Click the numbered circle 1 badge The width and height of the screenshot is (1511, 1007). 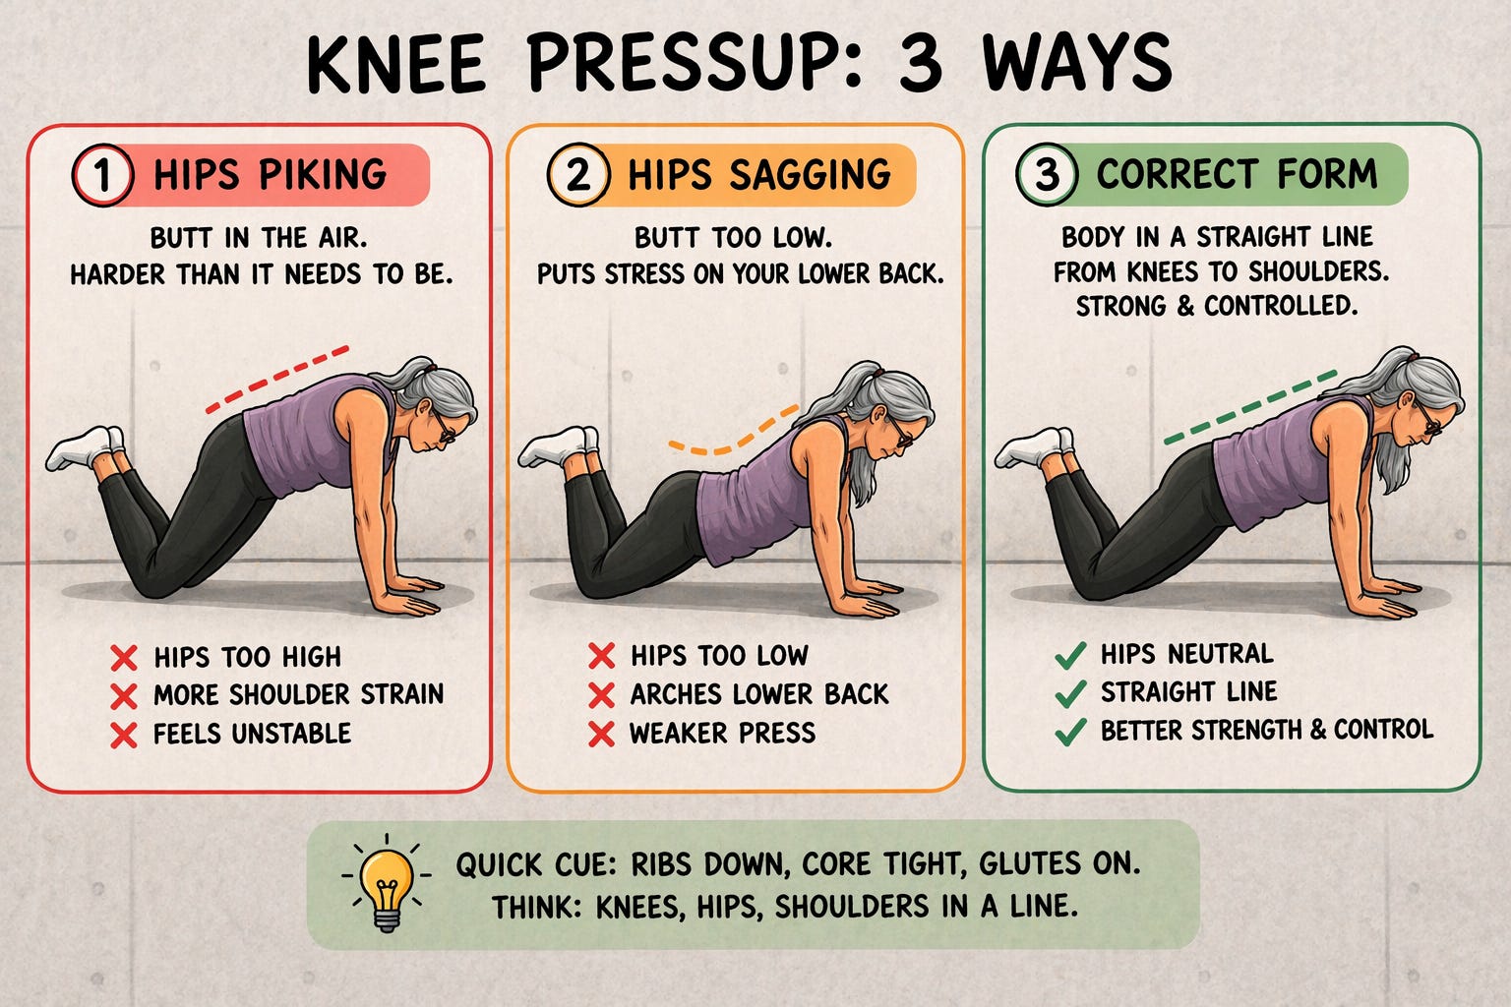coord(102,175)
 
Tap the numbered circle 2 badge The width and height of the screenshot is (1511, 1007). coord(578,174)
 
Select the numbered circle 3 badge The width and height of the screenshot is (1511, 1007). coord(1047,174)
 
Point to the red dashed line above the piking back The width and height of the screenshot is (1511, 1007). coord(277,380)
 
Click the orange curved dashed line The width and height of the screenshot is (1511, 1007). coord(734,432)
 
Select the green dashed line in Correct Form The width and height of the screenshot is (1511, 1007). coord(1250,407)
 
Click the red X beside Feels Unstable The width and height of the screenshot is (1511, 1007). coord(124,735)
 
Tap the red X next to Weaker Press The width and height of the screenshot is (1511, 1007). coord(601,734)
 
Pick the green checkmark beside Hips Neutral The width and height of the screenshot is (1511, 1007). coord(1070,655)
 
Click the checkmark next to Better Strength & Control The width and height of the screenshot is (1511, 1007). coord(1070,732)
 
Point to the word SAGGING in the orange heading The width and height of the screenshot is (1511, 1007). coord(811,174)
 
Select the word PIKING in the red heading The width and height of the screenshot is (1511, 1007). coord(323,174)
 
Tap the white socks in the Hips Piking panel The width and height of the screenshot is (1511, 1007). coord(86,446)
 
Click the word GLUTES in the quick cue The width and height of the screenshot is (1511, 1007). coord(1030,864)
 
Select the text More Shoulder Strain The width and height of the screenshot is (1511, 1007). coord(299,694)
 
